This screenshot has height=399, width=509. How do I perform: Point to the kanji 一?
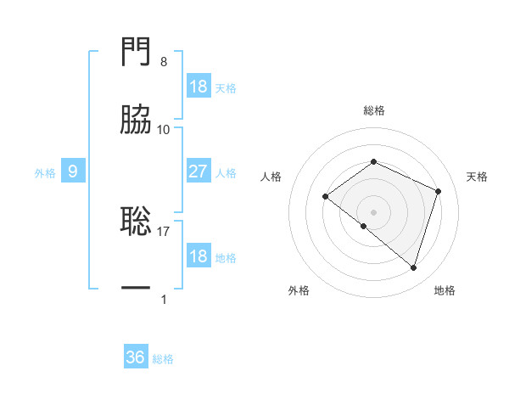(x=137, y=289)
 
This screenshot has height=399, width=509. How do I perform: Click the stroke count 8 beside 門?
(x=164, y=63)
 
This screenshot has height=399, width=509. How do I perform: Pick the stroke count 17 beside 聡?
(x=164, y=231)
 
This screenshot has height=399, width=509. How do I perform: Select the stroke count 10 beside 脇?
(x=164, y=130)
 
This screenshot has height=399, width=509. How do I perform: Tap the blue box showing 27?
(x=198, y=171)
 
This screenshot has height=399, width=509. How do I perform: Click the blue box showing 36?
(x=135, y=357)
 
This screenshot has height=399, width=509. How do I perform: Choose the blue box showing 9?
(x=73, y=171)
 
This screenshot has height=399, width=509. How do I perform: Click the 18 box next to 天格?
(x=198, y=86)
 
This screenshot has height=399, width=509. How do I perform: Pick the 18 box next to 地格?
(x=198, y=256)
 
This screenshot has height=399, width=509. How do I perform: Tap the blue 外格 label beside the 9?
(x=45, y=172)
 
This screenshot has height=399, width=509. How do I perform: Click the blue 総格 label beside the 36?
(x=163, y=358)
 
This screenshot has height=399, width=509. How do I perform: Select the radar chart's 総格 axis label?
(x=373, y=110)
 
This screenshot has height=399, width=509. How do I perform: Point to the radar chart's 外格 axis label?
(x=299, y=290)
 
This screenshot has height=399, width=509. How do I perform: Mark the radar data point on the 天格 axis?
(x=439, y=191)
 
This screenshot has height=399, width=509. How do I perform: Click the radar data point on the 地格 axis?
(x=413, y=267)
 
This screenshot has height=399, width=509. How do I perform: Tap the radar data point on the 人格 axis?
(x=325, y=196)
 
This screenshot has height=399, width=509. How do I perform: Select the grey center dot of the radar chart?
(x=373, y=211)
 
